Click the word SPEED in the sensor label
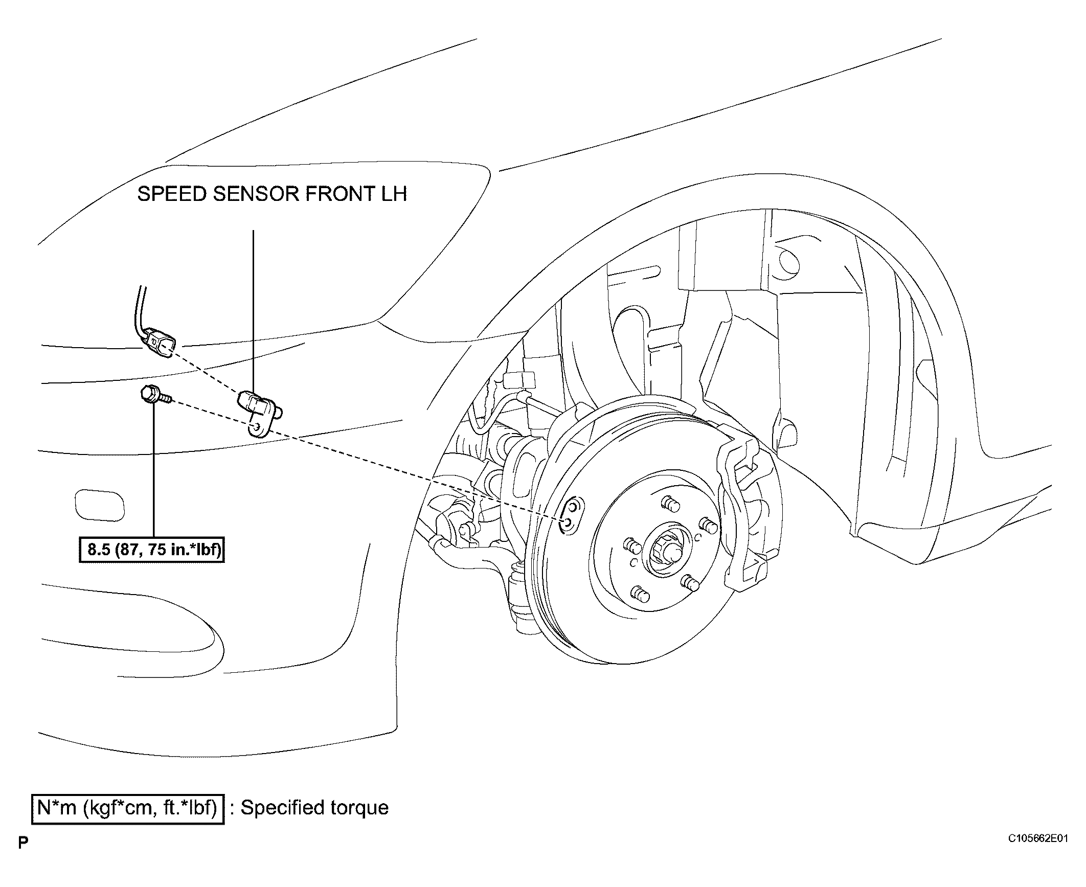click(x=171, y=194)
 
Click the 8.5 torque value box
click(x=152, y=550)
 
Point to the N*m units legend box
click(x=128, y=808)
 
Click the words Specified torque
click(x=314, y=808)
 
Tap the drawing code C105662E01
click(x=1038, y=853)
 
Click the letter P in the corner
click(x=22, y=857)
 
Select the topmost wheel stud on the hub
click(x=671, y=504)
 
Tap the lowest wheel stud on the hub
click(x=640, y=594)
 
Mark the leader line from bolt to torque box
click(x=153, y=470)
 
